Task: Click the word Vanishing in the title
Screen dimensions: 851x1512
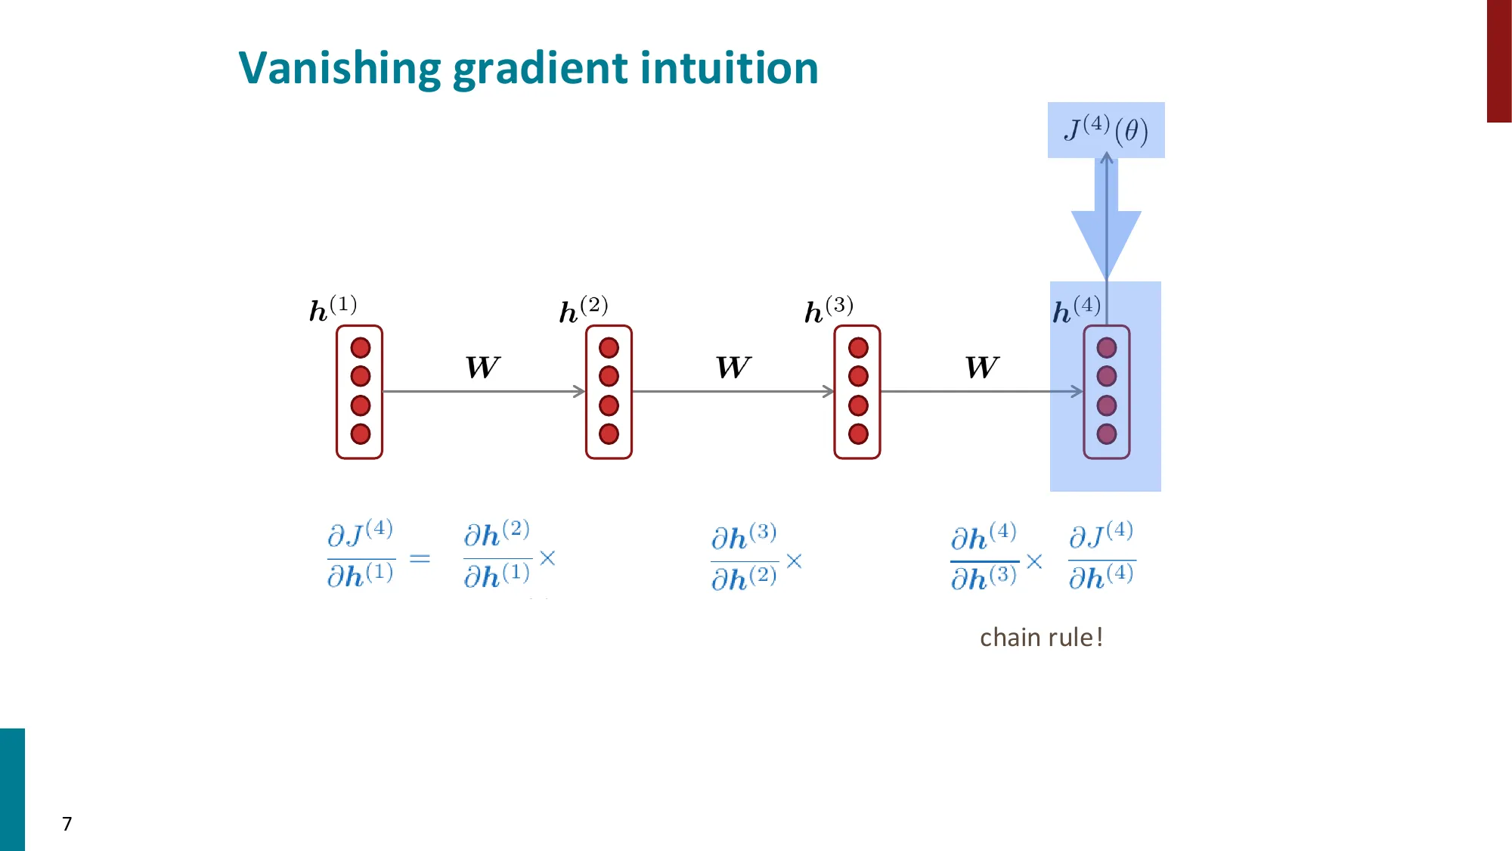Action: [x=339, y=68]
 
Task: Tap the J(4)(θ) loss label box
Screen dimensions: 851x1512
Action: [x=1105, y=130]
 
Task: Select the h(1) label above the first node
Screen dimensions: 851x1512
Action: [x=333, y=308]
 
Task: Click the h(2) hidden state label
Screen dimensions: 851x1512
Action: [x=583, y=309]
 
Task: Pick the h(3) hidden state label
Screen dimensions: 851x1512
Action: [x=829, y=309]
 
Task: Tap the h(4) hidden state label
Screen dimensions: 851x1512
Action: [x=1076, y=309]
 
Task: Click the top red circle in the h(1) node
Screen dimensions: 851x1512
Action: [x=361, y=348]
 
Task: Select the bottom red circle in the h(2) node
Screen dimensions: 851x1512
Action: [x=609, y=434]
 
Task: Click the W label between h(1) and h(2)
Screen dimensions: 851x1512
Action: [x=482, y=368]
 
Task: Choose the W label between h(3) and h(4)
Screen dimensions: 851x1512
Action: [x=981, y=368]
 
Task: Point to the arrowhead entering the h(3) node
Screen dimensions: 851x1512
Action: [x=829, y=391]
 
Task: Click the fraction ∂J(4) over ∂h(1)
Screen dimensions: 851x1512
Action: [x=360, y=554]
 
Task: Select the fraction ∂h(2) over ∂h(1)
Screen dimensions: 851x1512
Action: [x=497, y=554]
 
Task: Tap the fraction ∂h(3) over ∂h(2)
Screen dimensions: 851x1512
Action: [x=744, y=557]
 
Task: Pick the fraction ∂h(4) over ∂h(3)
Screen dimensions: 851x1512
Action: [x=984, y=557]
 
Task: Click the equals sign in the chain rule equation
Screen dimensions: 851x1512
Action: [x=420, y=558]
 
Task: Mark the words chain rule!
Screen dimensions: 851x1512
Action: [x=1041, y=638]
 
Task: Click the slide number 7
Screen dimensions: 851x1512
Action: [x=67, y=824]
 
